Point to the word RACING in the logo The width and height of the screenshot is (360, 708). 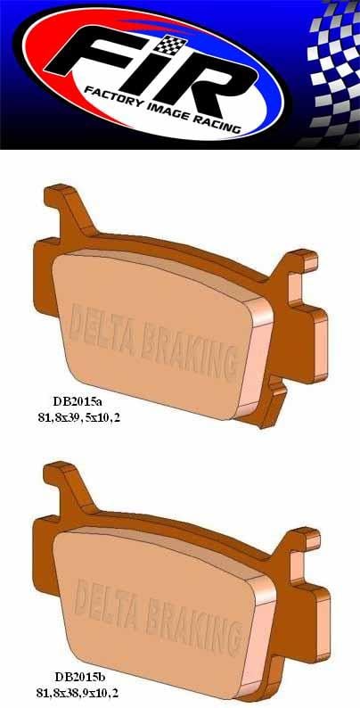(219, 128)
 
